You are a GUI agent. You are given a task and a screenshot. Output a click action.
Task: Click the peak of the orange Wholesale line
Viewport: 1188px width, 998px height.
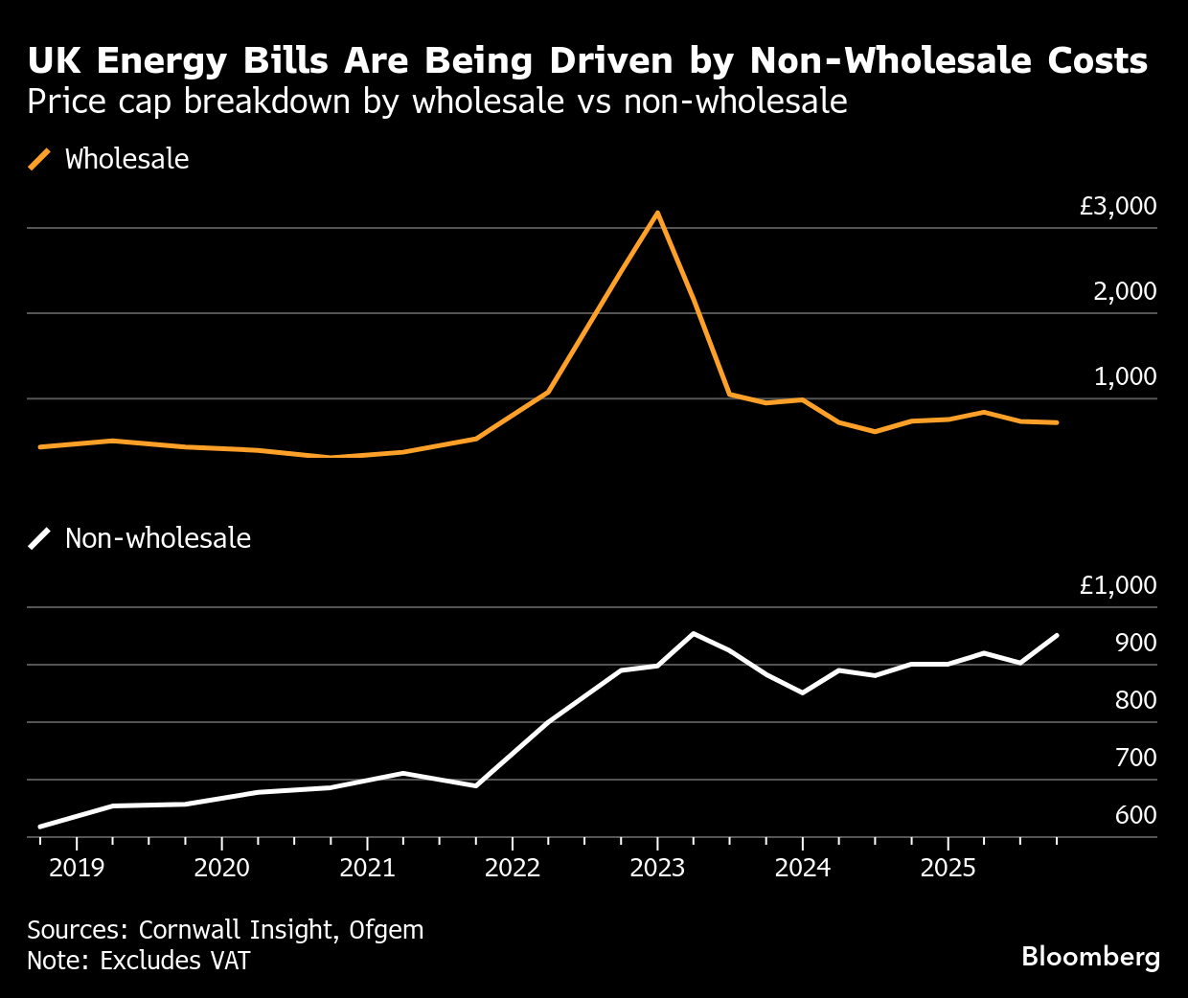pyautogui.click(x=657, y=213)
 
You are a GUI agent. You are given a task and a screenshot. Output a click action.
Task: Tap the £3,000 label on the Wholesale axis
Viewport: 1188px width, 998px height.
pyautogui.click(x=1118, y=206)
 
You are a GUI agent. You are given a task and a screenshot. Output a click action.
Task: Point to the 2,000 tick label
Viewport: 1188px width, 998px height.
pyautogui.click(x=1125, y=291)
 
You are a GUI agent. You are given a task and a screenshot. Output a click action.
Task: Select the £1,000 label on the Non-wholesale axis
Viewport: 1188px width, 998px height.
pyautogui.click(x=1118, y=585)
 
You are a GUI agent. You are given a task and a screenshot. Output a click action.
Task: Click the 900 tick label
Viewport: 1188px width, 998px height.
pyautogui.click(x=1136, y=643)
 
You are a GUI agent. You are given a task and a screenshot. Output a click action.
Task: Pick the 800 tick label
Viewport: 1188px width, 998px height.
pyautogui.click(x=1136, y=700)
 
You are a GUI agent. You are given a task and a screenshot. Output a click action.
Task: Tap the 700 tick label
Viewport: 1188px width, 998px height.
pyautogui.click(x=1136, y=758)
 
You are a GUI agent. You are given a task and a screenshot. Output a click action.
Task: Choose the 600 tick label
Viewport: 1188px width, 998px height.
pyautogui.click(x=1136, y=815)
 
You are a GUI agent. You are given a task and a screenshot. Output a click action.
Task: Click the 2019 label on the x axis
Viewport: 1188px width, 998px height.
pyautogui.click(x=77, y=868)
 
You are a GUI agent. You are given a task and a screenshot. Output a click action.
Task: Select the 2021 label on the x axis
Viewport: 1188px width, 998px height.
pyautogui.click(x=367, y=868)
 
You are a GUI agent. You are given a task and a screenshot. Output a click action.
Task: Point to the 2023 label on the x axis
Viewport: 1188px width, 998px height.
pyautogui.click(x=657, y=868)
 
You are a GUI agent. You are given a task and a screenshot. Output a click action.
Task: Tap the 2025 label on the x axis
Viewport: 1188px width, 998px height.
pyautogui.click(x=948, y=868)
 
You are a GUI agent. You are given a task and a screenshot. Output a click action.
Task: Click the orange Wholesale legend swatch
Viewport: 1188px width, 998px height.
pyautogui.click(x=39, y=159)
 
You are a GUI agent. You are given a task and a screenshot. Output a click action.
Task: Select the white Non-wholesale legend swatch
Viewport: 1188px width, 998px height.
pyautogui.click(x=39, y=538)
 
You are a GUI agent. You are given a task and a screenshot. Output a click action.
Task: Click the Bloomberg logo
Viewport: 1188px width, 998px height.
pyautogui.click(x=1090, y=957)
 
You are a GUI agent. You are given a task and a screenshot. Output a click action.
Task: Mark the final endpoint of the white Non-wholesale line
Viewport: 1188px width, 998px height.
pyautogui.click(x=1057, y=635)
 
